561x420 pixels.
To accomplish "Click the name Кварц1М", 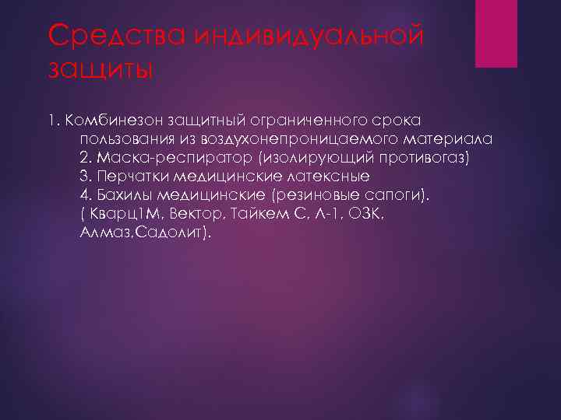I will coord(123,214).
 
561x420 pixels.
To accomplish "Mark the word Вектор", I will coord(203,214).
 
